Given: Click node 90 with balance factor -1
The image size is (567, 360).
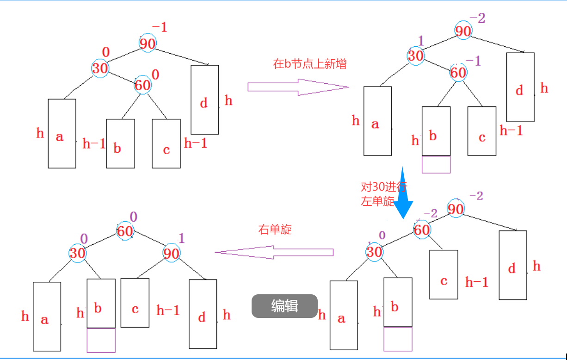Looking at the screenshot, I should (148, 43).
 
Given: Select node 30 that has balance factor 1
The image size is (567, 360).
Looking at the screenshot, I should (416, 56).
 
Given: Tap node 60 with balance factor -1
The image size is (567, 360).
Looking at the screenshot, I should (458, 73).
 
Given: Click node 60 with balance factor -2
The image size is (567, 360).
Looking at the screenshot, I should (421, 230).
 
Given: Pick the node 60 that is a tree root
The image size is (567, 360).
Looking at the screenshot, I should (125, 231).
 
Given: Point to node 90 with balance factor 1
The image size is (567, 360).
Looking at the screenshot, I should (171, 253).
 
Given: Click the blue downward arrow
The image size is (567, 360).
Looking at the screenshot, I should (403, 192).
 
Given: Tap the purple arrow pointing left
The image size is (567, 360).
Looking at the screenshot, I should (274, 252).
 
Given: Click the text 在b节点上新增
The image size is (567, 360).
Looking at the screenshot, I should (309, 64).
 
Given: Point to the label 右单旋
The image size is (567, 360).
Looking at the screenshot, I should (275, 230).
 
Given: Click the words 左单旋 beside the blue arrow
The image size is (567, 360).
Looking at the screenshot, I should (377, 201).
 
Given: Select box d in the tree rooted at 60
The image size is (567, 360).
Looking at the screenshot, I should (203, 314).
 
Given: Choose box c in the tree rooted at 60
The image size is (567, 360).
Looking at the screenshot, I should (135, 303).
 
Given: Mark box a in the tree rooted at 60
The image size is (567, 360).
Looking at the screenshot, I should (47, 317).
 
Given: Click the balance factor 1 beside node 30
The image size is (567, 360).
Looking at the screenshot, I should (421, 40).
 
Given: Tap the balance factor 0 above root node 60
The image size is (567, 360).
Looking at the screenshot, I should (134, 217).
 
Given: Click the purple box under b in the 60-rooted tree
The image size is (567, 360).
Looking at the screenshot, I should (101, 340).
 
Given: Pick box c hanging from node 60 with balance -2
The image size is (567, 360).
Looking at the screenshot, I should (444, 274).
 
